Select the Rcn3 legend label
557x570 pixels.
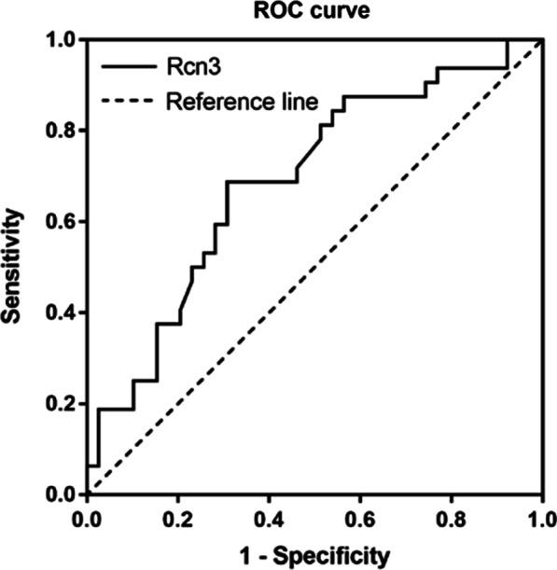(x=192, y=66)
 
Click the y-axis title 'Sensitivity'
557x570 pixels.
(x=13, y=266)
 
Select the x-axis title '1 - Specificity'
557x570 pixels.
(x=313, y=556)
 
